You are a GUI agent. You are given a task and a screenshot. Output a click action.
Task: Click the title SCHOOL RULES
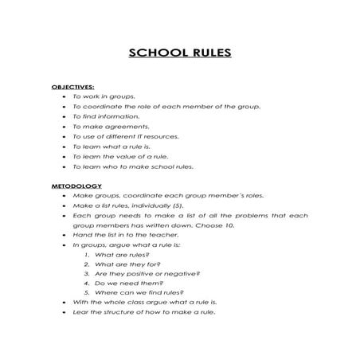180,53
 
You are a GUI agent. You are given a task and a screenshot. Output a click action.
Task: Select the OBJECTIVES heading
73,86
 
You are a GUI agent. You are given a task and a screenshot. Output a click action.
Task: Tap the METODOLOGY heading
77,186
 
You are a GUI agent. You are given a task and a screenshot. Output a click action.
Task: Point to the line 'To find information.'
106,116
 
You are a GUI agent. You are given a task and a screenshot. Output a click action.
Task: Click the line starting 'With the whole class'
144,303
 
